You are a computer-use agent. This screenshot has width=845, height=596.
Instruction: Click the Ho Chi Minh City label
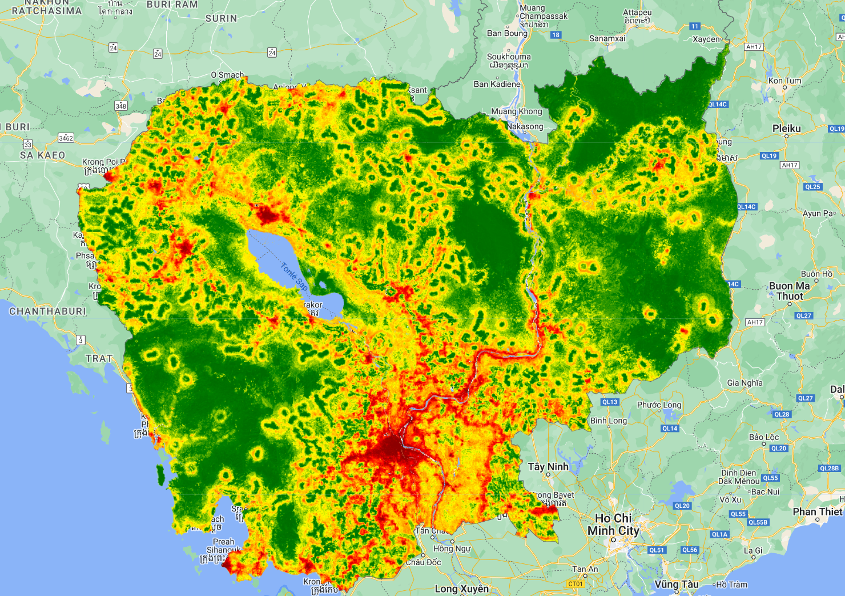pos(614,524)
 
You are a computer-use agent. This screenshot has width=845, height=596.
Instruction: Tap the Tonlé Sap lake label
pos(295,276)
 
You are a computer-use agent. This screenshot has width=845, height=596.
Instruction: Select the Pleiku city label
pos(786,129)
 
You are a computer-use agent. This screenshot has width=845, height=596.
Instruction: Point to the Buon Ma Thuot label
pos(790,291)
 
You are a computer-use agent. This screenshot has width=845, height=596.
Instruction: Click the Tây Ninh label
pos(548,466)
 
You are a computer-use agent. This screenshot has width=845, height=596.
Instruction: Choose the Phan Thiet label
pos(818,511)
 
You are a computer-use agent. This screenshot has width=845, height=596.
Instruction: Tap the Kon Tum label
pos(784,81)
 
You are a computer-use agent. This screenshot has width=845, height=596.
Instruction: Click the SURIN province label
pos(221,18)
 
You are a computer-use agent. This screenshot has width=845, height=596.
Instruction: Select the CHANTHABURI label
pos(47,311)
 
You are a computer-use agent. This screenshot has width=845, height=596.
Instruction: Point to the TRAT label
pos(99,358)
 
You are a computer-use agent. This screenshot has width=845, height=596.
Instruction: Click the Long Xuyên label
pos(462,589)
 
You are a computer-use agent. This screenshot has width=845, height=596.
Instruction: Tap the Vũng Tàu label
pos(677,584)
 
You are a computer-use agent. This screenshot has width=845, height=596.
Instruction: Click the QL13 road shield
pos(610,402)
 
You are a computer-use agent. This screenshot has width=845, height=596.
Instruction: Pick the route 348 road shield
pos(120,106)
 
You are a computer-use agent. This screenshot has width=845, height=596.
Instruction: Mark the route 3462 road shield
pos(66,138)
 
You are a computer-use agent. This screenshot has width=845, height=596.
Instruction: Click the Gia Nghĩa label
pos(745,383)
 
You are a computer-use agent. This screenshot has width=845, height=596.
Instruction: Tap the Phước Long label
pos(659,405)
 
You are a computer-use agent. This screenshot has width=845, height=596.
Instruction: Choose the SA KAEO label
pos(42,155)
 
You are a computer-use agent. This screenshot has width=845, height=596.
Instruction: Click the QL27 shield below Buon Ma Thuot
pos(803,315)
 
